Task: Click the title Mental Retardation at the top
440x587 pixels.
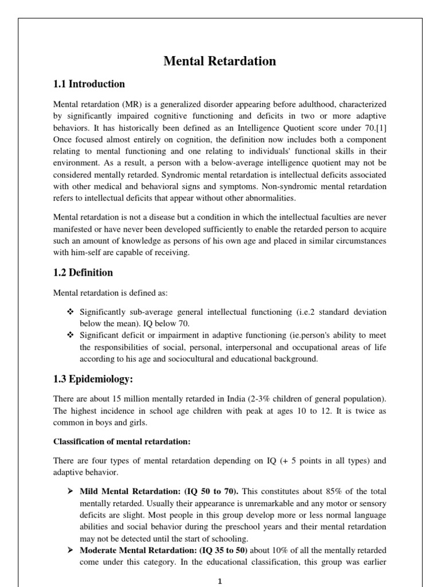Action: pyautogui.click(x=219, y=61)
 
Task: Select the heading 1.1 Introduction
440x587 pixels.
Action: pyautogui.click(x=89, y=84)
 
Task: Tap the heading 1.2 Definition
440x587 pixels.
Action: pyautogui.click(x=83, y=272)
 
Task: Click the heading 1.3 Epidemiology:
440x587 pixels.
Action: pyautogui.click(x=93, y=379)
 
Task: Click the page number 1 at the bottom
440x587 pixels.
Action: pyautogui.click(x=219, y=581)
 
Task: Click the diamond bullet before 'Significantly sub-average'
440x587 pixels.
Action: pyautogui.click(x=70, y=312)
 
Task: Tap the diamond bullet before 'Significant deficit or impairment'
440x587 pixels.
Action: pyautogui.click(x=70, y=335)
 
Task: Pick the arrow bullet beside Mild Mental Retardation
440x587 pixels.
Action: pyautogui.click(x=70, y=492)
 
